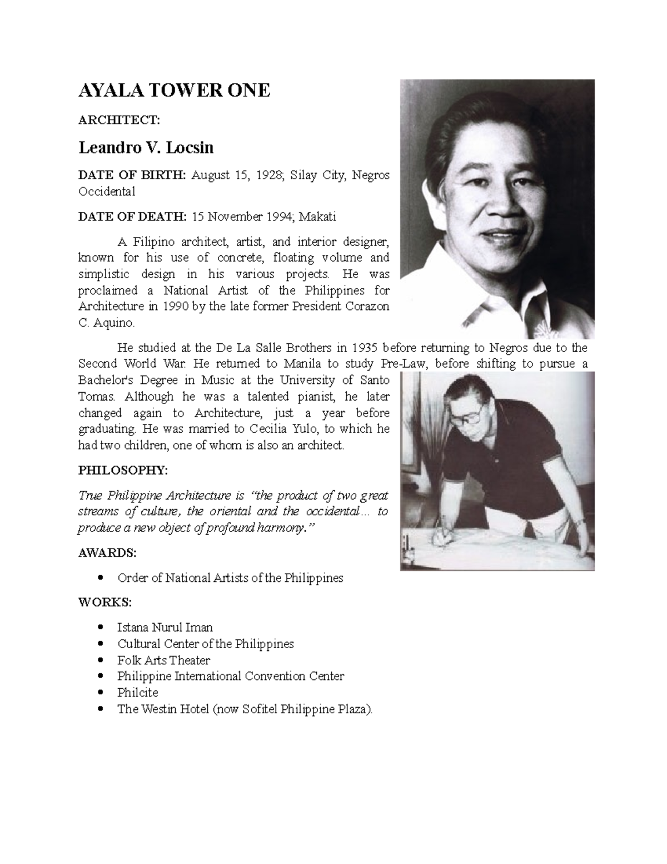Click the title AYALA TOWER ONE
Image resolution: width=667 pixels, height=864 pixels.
pyautogui.click(x=174, y=91)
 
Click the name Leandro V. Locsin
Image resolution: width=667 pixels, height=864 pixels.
pyautogui.click(x=146, y=148)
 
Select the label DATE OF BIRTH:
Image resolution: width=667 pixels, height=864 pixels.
pyautogui.click(x=132, y=175)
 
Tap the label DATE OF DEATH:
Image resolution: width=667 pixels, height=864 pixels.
pyautogui.click(x=132, y=216)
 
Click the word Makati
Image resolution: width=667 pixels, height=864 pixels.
pyautogui.click(x=317, y=216)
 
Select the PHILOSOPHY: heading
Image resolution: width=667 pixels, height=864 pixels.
pyautogui.click(x=122, y=470)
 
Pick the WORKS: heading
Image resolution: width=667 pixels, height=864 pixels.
pyautogui.click(x=105, y=603)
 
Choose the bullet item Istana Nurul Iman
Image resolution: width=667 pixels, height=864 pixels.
pyautogui.click(x=165, y=628)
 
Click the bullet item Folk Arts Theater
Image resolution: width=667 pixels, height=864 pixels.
pyautogui.click(x=163, y=660)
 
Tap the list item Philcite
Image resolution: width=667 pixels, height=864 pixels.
pyautogui.click(x=138, y=693)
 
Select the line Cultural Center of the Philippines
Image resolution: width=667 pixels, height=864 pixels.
pyautogui.click(x=205, y=644)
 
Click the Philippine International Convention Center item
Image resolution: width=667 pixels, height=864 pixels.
pyautogui.click(x=231, y=677)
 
